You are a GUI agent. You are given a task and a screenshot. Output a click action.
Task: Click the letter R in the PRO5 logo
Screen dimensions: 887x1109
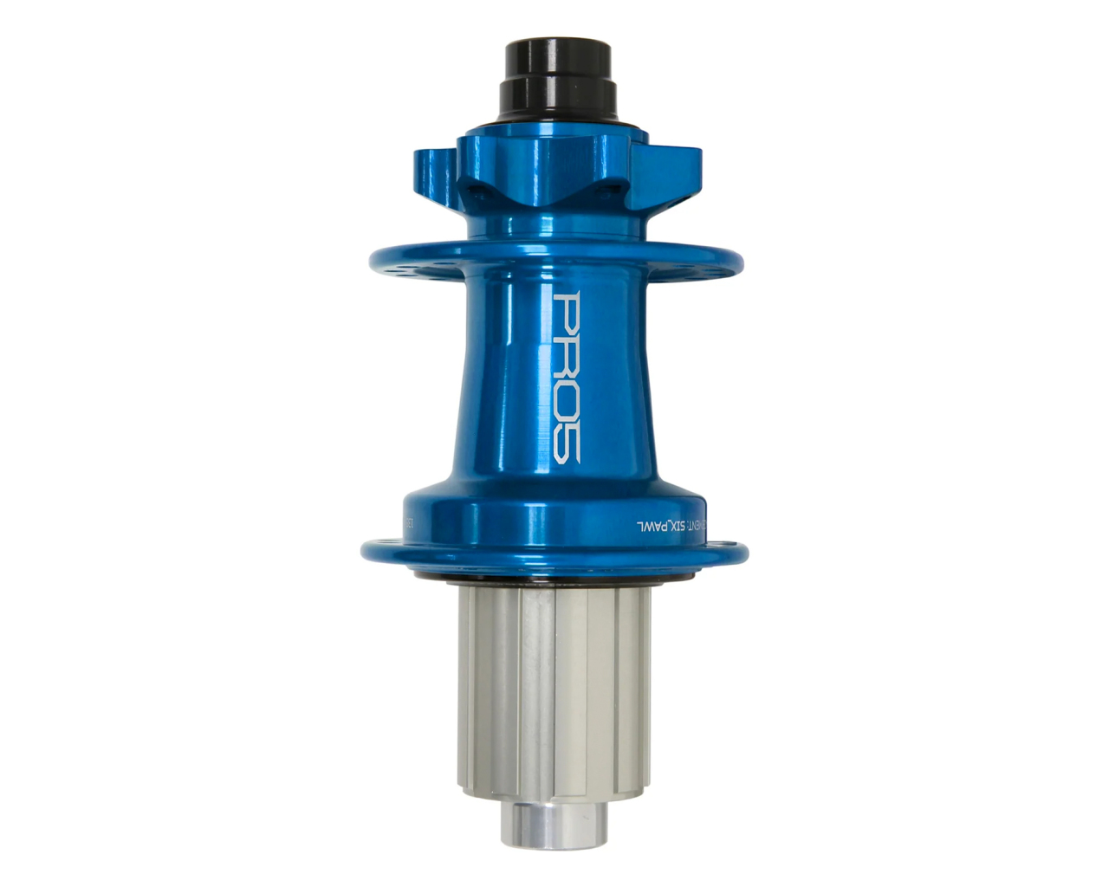[x=567, y=357]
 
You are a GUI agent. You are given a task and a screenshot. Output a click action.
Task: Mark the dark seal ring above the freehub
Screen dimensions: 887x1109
[x=554, y=577]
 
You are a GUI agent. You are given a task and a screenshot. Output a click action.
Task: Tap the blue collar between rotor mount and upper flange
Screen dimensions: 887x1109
[x=554, y=221]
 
